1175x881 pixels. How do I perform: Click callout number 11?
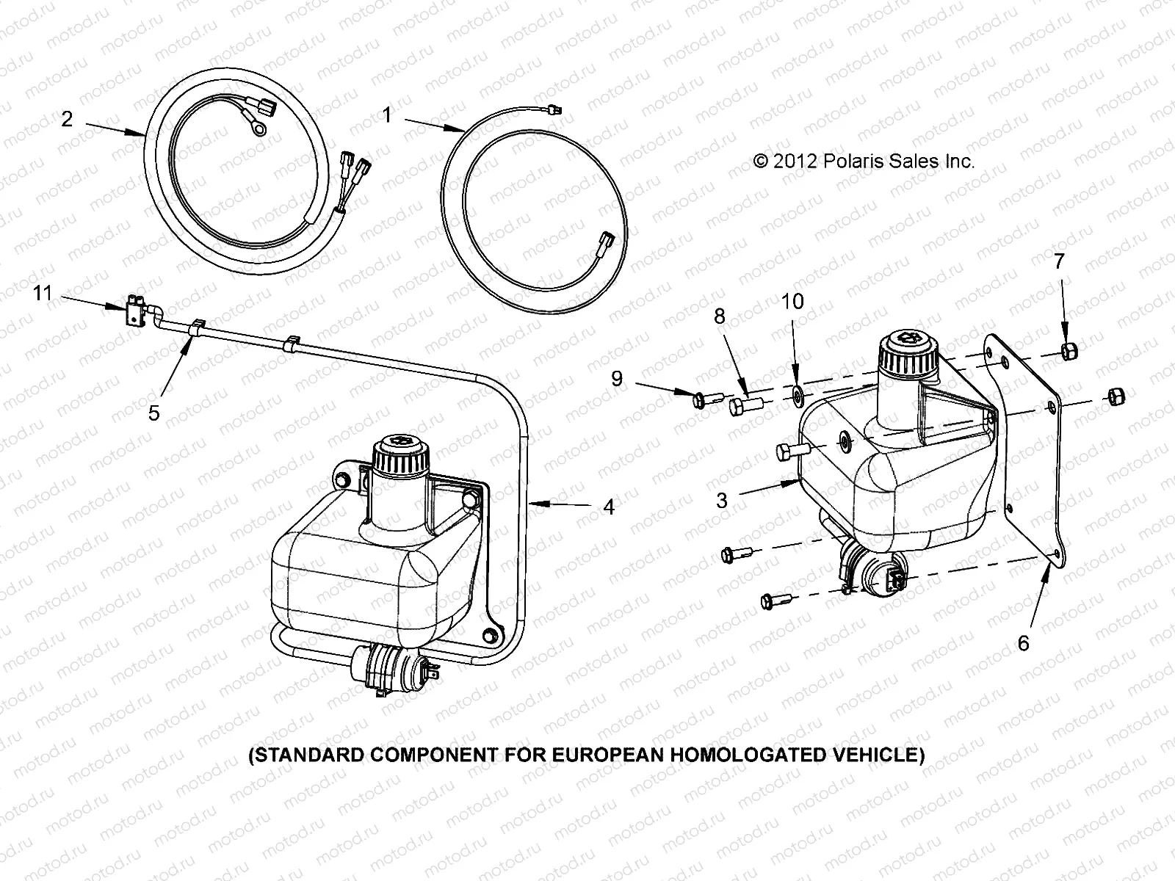43,294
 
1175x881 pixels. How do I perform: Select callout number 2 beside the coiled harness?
67,119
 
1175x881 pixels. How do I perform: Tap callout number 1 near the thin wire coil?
388,115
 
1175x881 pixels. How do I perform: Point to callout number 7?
1059,261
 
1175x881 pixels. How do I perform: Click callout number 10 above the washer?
792,301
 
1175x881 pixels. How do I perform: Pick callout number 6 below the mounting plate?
1023,643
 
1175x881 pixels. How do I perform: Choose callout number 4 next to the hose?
609,507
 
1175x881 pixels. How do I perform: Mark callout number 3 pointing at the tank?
722,500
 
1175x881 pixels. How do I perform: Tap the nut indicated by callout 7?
1069,354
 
